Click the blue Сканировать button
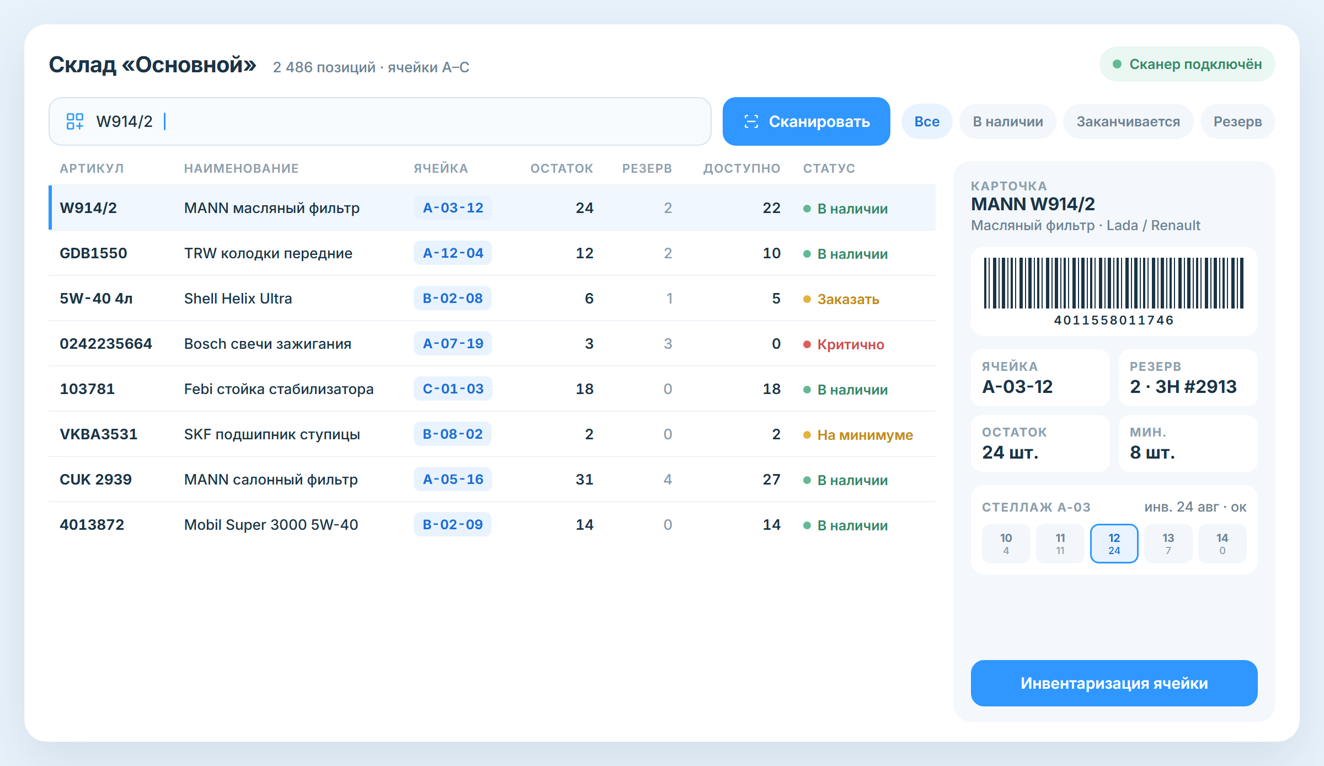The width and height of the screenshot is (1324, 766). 806,121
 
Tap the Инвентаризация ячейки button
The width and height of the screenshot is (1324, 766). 1114,683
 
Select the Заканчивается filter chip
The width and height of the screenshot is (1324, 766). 1128,121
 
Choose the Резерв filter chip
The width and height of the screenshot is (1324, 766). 1237,121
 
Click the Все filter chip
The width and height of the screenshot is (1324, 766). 927,121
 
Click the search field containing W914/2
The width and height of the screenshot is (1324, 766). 380,121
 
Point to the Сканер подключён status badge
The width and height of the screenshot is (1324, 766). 1187,64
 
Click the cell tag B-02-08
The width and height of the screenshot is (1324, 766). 452,298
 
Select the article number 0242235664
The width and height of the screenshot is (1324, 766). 106,343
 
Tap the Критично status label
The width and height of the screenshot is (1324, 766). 850,344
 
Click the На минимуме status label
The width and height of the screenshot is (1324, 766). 865,435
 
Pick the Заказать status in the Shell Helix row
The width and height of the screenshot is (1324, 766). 848,299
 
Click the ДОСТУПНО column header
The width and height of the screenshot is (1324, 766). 741,168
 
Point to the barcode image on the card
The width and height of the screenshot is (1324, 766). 1114,283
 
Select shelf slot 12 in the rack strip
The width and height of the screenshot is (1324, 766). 1114,544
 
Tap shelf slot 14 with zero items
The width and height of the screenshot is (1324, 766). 1222,544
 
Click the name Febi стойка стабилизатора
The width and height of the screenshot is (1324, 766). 279,389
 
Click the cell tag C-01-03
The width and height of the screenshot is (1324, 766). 453,389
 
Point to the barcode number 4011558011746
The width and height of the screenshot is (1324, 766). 1114,320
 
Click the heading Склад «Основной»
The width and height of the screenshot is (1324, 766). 152,65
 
